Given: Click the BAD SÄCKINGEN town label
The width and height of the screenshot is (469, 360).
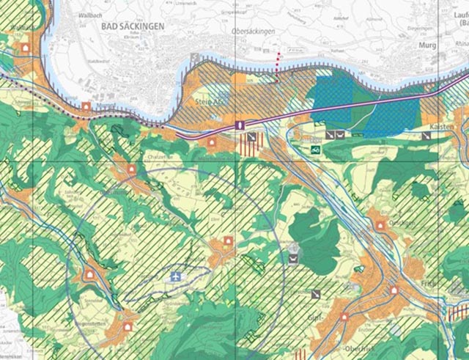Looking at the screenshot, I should (x=128, y=24).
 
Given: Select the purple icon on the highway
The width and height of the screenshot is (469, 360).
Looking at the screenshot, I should (x=240, y=125).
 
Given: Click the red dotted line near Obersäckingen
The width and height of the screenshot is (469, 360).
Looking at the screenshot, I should (x=276, y=61).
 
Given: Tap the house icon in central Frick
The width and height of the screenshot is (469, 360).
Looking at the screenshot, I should (x=394, y=290).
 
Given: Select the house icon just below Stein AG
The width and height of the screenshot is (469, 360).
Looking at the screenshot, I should (x=213, y=142).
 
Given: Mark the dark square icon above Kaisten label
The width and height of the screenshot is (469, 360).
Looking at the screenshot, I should (x=426, y=136).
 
